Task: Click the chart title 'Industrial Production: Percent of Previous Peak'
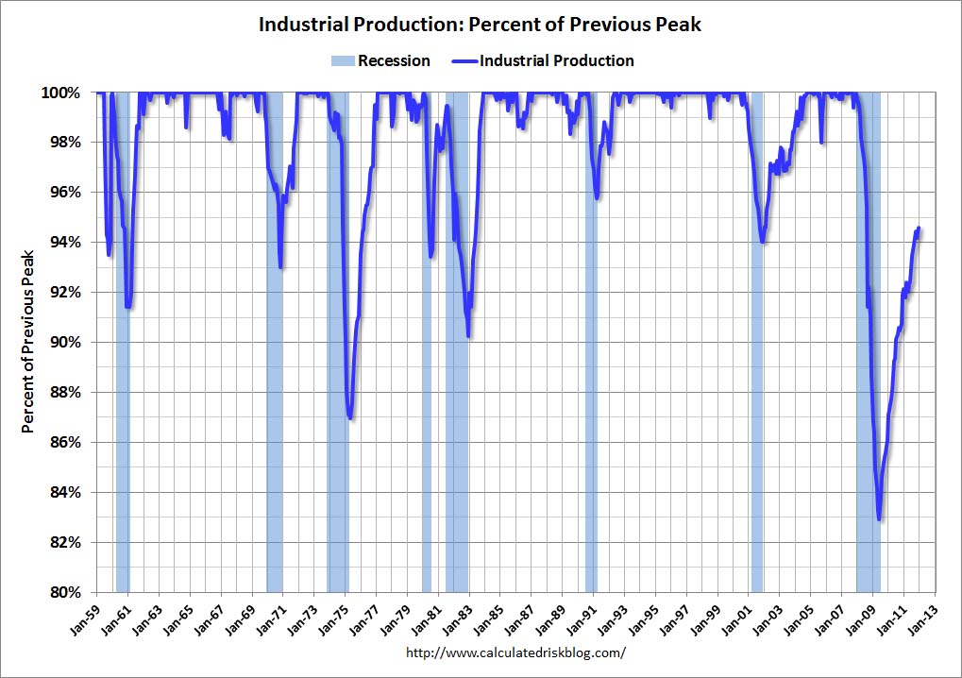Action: coord(481,25)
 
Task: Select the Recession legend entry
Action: coord(380,60)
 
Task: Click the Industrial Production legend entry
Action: coord(545,60)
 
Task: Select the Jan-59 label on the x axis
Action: coord(86,619)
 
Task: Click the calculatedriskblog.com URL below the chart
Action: coord(515,653)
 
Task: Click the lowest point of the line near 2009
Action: coord(879,518)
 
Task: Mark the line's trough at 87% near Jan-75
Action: coord(351,417)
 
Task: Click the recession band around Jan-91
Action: coord(591,378)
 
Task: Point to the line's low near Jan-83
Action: coord(468,334)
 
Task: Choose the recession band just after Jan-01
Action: coord(756,378)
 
